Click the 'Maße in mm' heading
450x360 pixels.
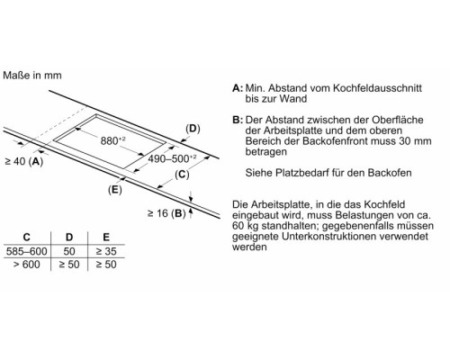click(32, 75)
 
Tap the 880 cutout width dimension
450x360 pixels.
click(112, 140)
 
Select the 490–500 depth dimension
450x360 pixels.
click(172, 158)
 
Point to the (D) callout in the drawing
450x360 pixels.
click(193, 129)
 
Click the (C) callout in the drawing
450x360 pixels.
click(182, 175)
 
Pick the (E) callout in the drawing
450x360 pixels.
click(115, 190)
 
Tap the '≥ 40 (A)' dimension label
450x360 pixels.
click(24, 161)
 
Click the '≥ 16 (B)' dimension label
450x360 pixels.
click(166, 213)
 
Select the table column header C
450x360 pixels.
click(27, 238)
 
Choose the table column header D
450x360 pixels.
click(69, 238)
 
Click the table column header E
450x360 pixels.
click(106, 238)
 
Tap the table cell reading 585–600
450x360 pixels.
click(27, 251)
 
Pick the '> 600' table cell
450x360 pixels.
click(27, 265)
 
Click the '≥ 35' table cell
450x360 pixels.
click(106, 251)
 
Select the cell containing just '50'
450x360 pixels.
click(69, 251)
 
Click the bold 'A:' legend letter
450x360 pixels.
click(238, 88)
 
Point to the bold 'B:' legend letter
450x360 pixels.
click(238, 120)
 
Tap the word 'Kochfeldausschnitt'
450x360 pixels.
click(377, 88)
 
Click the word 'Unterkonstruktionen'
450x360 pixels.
click(328, 237)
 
